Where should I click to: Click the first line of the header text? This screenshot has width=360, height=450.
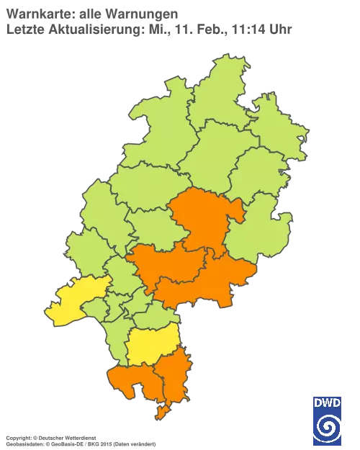pyautogui.click(x=92, y=12)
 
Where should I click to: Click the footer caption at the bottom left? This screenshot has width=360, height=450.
pyautogui.click(x=79, y=437)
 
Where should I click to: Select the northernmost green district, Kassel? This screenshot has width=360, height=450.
pyautogui.click(x=216, y=94)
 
